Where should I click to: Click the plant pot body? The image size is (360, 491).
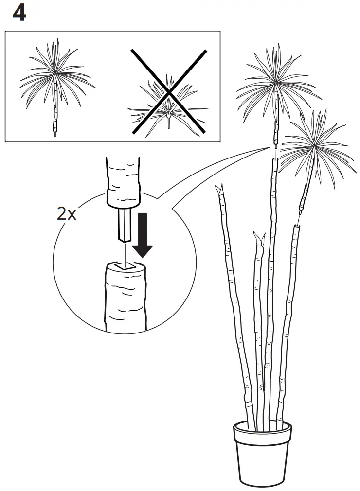[x=262, y=457]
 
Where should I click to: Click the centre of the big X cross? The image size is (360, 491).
[x=168, y=91]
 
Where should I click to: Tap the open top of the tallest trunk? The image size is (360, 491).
[x=274, y=161]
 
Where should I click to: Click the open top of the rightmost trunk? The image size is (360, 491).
[x=297, y=227]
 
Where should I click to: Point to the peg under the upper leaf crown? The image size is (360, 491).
[x=275, y=144]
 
